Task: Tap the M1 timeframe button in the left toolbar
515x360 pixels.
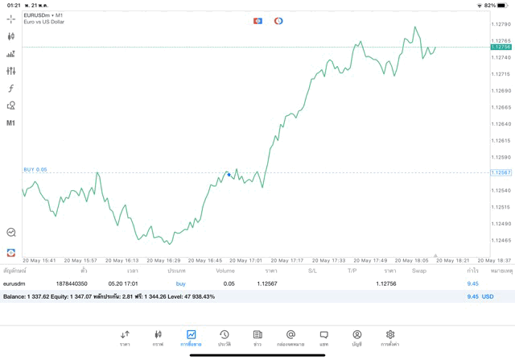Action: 11,123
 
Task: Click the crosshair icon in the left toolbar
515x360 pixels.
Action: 11,19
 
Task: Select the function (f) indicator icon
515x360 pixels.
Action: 11,89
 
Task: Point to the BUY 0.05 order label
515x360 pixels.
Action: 35,170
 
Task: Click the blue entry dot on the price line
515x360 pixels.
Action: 229,174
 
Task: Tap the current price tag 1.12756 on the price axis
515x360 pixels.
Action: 501,48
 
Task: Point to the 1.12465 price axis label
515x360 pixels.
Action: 501,240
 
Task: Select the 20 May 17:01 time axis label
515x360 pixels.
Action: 246,260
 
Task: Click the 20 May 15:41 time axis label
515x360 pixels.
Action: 39,260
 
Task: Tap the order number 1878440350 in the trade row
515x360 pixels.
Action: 72,283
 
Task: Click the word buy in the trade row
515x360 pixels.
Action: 180,283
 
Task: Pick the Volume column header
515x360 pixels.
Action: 225,271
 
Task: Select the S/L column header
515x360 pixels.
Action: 312,271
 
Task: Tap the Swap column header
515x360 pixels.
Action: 418,271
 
